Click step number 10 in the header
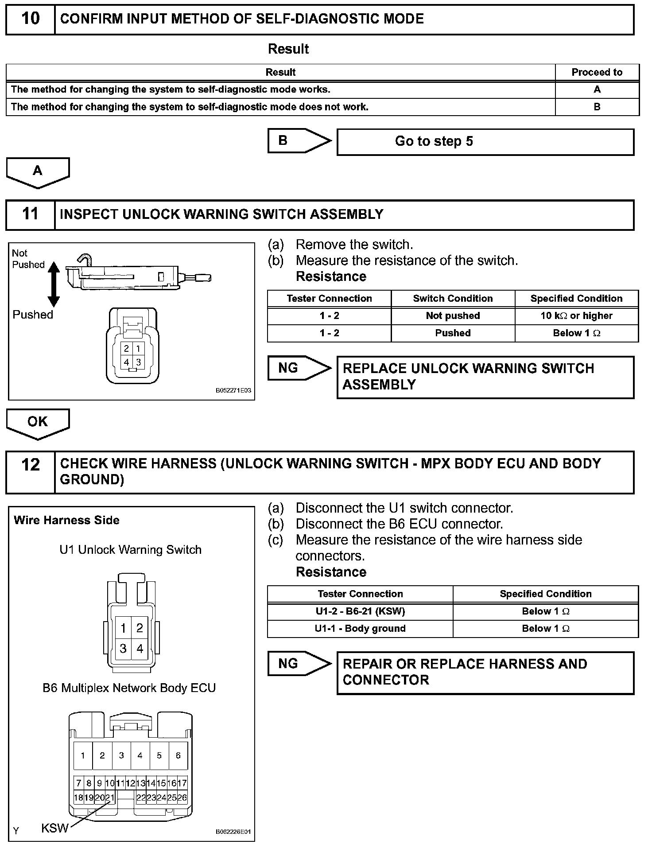click(30, 19)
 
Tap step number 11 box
click(30, 214)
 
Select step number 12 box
click(30, 465)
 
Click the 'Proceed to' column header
click(597, 72)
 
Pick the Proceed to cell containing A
click(597, 89)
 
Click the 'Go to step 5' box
click(485, 142)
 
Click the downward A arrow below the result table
click(38, 172)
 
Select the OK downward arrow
click(38, 423)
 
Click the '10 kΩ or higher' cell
click(576, 316)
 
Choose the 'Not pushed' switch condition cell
click(453, 316)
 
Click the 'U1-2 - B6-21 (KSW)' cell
click(360, 611)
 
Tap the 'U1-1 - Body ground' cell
click(360, 629)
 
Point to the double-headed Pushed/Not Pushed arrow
click(54, 284)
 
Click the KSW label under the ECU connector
click(54, 828)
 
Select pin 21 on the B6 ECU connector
click(110, 798)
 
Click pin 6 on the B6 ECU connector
click(178, 756)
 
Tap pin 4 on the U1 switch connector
click(140, 649)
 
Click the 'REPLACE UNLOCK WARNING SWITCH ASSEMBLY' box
click(485, 377)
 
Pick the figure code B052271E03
click(233, 391)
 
